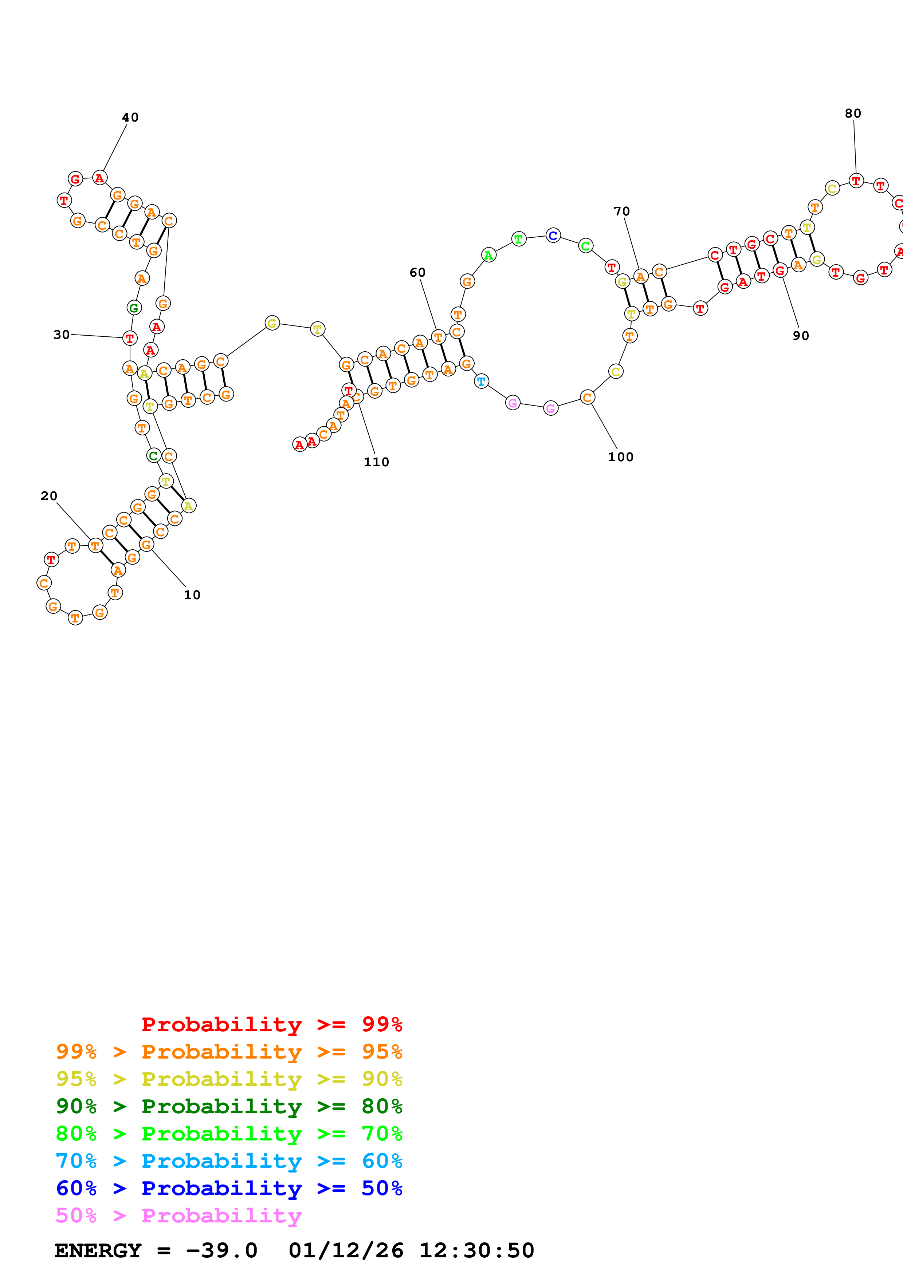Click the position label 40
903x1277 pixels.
click(x=130, y=117)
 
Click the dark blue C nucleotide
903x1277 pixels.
click(x=553, y=235)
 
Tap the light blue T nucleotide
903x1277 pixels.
click(x=481, y=381)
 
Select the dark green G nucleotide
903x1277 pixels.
click(x=134, y=308)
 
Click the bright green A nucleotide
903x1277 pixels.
click(x=488, y=255)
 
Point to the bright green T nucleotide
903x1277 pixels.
click(x=519, y=239)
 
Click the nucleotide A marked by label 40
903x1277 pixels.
click(x=99, y=178)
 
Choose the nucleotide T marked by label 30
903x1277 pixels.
click(x=130, y=337)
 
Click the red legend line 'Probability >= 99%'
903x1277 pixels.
click(x=271, y=1024)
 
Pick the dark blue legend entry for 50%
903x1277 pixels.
click(x=229, y=1188)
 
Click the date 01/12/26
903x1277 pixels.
click(x=346, y=1251)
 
